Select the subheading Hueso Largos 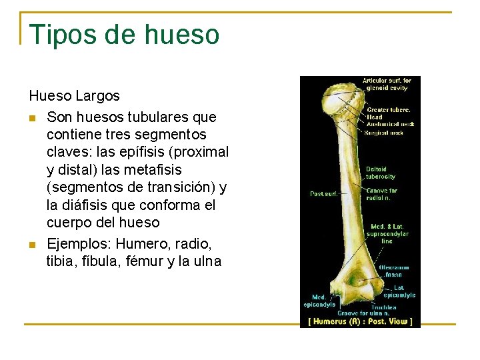(x=74, y=96)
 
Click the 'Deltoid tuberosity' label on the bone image (x=380, y=173)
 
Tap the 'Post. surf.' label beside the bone (x=325, y=194)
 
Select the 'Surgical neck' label (x=384, y=133)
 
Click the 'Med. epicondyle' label (x=319, y=301)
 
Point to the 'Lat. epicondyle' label (x=399, y=291)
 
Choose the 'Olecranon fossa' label (x=394, y=271)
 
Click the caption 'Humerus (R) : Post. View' (x=360, y=321)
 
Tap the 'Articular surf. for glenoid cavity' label (x=387, y=84)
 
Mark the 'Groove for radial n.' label (x=381, y=194)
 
